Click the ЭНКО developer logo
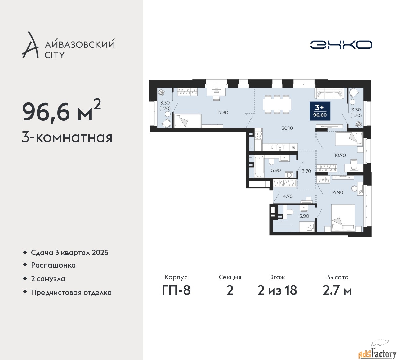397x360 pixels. (341, 45)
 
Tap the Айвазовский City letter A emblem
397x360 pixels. (30, 45)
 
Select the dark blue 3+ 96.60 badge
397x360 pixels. (320, 111)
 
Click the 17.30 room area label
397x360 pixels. (223, 112)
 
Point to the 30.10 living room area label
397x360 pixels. (287, 128)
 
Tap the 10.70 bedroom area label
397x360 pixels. (340, 155)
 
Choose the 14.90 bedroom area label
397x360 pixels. (337, 192)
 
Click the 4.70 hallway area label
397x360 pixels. (288, 196)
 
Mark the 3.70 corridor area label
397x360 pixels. (306, 171)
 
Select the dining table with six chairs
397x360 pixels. (277, 104)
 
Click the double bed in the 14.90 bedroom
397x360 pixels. (343, 218)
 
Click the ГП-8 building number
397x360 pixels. (176, 290)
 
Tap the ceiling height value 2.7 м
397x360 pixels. (337, 290)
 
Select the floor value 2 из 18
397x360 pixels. (277, 290)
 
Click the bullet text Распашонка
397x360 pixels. (53, 265)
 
